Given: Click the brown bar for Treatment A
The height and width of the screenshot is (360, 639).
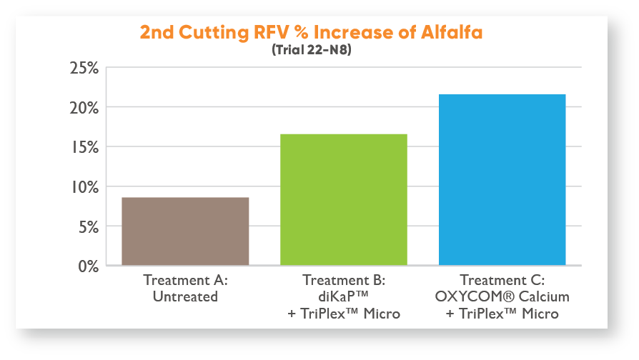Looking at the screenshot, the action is (185, 231).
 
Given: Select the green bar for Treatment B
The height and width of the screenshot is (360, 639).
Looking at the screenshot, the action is (344, 199).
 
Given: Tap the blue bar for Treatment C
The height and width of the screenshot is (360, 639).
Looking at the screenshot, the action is (502, 179).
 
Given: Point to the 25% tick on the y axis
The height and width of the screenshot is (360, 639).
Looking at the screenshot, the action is (84, 68).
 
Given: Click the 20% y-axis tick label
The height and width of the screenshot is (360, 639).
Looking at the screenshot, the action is (84, 108).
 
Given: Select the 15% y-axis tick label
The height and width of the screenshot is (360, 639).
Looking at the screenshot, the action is (85, 147).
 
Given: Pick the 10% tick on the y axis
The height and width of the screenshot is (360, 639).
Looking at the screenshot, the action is (85, 187).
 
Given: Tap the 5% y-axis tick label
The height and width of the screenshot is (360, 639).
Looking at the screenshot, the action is (89, 227).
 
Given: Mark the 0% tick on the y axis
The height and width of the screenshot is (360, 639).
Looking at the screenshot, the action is (89, 266).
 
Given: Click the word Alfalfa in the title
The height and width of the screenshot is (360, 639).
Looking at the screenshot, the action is (452, 32).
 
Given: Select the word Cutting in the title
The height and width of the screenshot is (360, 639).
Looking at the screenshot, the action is (214, 33).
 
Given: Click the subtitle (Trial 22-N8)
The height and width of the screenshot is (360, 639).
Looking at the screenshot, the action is (312, 50).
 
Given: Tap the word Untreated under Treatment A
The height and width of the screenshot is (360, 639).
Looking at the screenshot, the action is (185, 296).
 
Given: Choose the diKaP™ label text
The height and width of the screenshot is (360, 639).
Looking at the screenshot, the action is (344, 296).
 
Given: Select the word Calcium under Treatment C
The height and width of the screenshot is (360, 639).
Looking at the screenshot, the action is (544, 296).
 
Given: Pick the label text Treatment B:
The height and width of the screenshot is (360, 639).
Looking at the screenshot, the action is (344, 280).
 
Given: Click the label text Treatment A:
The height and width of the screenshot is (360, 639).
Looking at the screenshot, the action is (185, 280).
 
